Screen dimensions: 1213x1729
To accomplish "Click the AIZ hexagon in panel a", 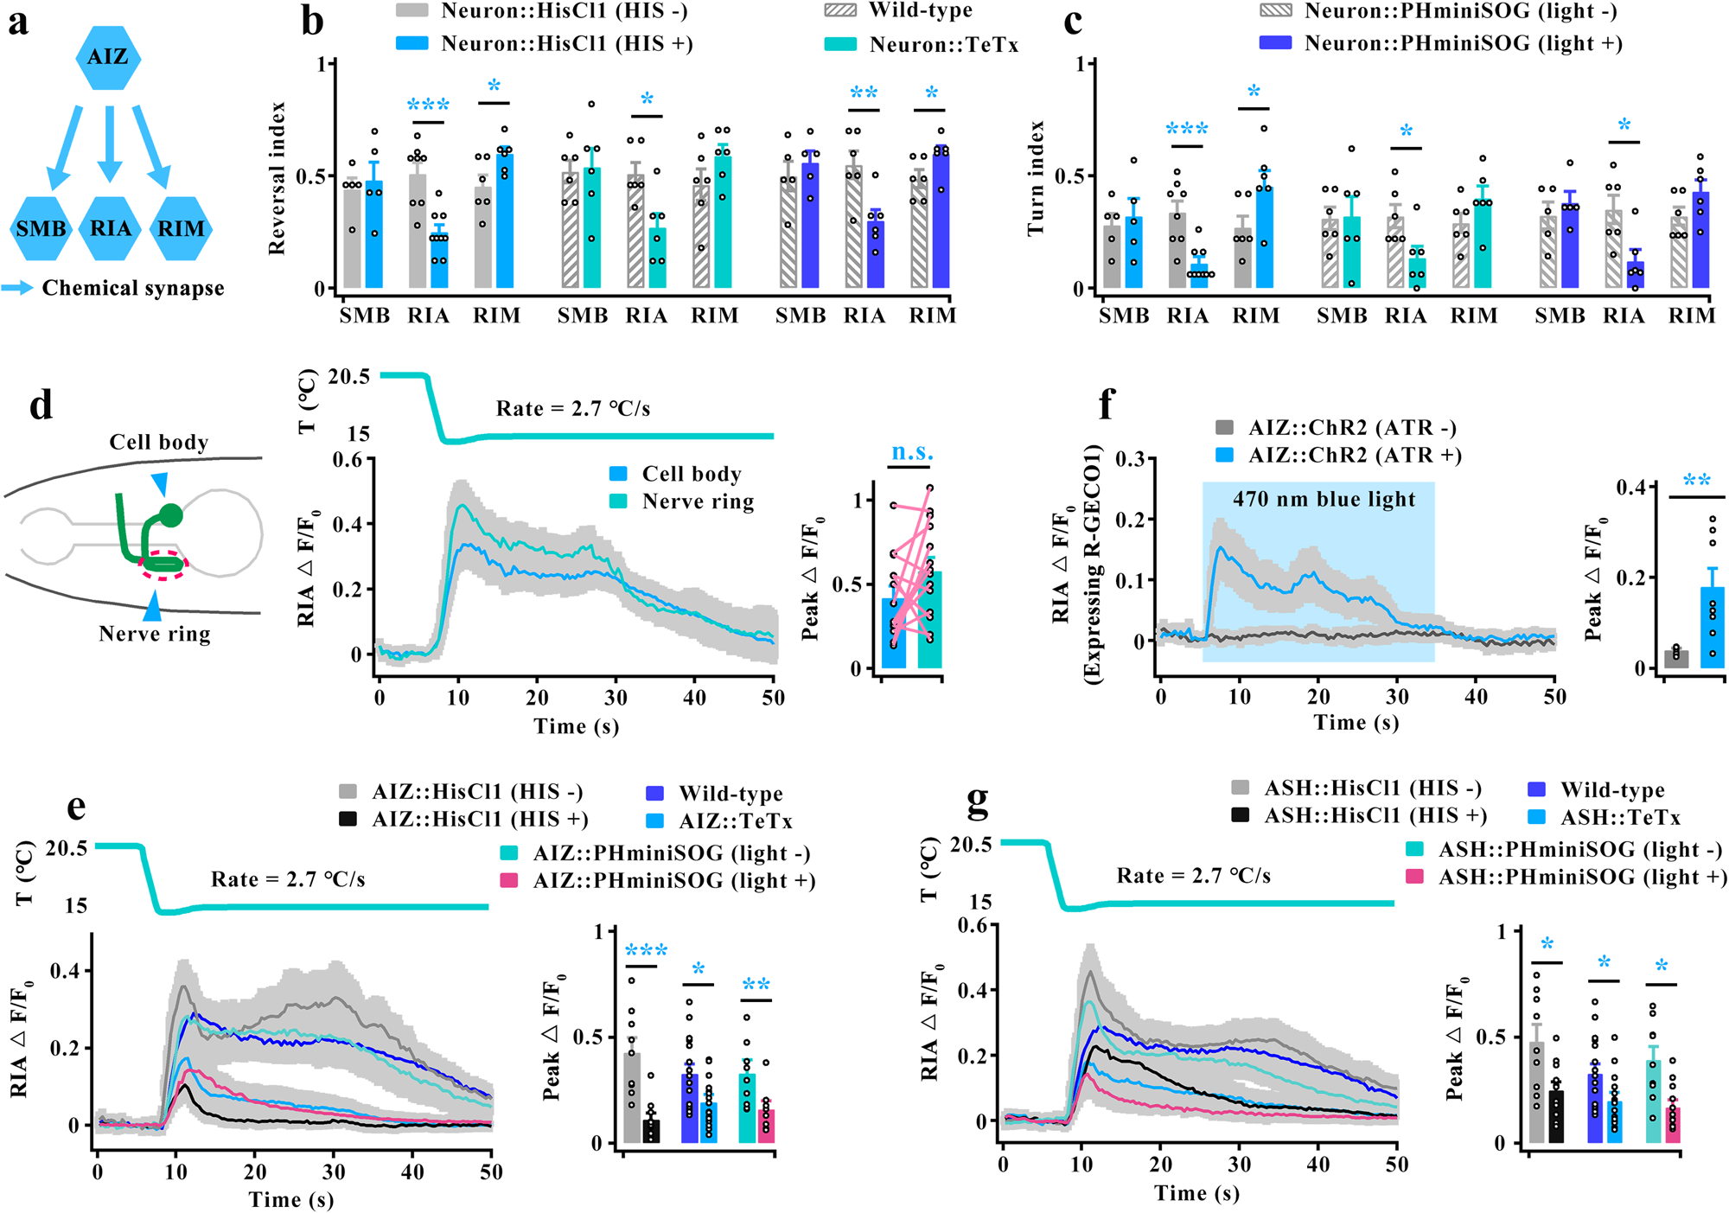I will point(108,57).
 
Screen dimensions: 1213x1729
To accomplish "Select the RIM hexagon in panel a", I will point(181,228).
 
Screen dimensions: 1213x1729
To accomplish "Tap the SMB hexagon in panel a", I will point(41,228).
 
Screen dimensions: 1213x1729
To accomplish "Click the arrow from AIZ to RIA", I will point(109,143).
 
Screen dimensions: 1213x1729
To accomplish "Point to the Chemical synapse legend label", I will point(133,288).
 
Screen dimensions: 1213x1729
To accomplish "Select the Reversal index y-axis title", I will point(277,179).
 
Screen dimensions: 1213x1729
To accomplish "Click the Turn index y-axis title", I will point(1036,179).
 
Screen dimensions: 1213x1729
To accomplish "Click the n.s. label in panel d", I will point(912,452).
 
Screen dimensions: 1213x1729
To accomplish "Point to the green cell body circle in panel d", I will point(171,516).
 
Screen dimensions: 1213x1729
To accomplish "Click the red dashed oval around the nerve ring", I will point(163,565).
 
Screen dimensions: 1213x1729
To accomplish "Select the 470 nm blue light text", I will point(1324,500).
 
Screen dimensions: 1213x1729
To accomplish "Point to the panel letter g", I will point(977,804).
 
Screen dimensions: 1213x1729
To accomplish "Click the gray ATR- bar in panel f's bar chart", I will point(1676,659).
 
